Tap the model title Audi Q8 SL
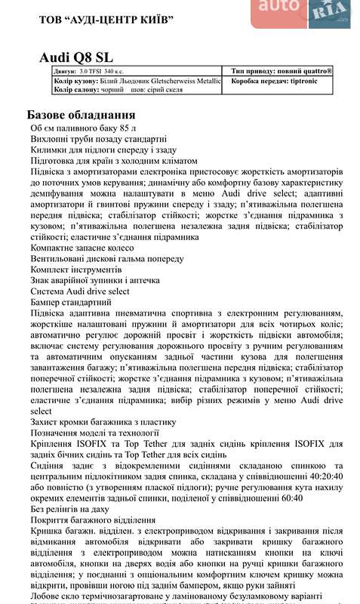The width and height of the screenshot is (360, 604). pos(78,58)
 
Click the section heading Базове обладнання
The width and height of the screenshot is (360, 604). pos(82,115)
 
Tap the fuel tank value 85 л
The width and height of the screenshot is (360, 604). pos(123,128)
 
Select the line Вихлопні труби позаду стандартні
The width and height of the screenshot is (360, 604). pos(98,140)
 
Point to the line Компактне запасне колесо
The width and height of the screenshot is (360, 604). pos(83,248)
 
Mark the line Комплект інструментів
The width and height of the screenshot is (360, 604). pos(75,270)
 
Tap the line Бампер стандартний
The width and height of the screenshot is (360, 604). pos(70,302)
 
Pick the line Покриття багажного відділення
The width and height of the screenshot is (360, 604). pos(93,519)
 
